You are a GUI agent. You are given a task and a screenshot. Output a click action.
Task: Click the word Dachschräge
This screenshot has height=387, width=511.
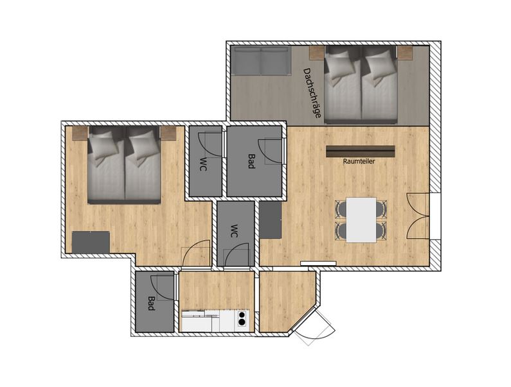[312, 93]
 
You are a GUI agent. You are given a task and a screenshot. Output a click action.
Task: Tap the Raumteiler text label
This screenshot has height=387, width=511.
[359, 161]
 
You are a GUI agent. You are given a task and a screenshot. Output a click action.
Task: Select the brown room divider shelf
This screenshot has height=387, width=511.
[361, 151]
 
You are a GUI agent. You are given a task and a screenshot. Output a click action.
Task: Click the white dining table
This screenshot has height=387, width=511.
[361, 219]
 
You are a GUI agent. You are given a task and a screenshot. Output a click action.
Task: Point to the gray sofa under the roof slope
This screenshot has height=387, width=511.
[261, 60]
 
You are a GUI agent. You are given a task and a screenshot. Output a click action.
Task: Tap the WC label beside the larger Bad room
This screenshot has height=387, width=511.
[203, 164]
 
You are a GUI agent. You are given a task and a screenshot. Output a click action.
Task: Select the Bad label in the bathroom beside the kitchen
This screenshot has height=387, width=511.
[151, 304]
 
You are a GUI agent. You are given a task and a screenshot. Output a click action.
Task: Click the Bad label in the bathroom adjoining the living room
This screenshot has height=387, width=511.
[251, 162]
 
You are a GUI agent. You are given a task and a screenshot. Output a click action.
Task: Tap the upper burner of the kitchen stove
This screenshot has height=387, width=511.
[242, 314]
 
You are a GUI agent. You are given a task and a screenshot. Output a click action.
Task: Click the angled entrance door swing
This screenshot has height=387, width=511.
[314, 327]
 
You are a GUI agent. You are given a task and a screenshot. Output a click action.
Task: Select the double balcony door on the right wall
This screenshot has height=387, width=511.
[418, 216]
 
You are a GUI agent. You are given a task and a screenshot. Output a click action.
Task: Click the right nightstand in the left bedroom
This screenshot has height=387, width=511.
[168, 133]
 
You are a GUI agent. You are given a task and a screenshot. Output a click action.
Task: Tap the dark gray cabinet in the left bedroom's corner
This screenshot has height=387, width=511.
[91, 242]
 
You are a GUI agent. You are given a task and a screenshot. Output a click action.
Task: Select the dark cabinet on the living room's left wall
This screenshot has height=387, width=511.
[270, 219]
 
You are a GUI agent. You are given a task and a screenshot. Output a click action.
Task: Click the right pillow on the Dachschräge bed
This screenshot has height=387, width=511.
[380, 67]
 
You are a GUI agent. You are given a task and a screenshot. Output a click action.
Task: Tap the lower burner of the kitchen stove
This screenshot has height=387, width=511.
[242, 322]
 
